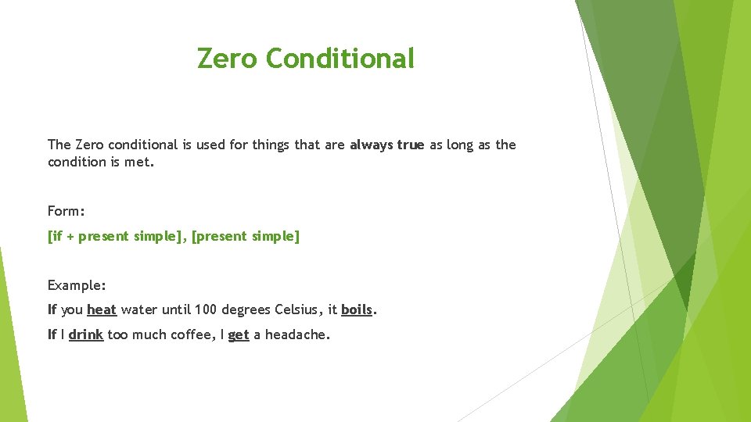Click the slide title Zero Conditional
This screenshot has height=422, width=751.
click(305, 59)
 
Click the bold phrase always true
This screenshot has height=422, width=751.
click(386, 145)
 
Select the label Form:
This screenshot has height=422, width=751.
click(66, 211)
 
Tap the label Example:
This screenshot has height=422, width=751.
click(77, 284)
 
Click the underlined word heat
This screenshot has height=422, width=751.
click(102, 309)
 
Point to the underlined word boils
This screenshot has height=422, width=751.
click(357, 309)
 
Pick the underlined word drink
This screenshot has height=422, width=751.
click(86, 334)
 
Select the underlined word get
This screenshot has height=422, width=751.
click(239, 334)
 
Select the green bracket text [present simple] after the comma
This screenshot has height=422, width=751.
click(246, 236)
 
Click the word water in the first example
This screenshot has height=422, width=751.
click(138, 309)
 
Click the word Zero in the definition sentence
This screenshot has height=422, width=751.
click(89, 145)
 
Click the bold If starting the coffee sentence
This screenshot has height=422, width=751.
click(52, 334)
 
